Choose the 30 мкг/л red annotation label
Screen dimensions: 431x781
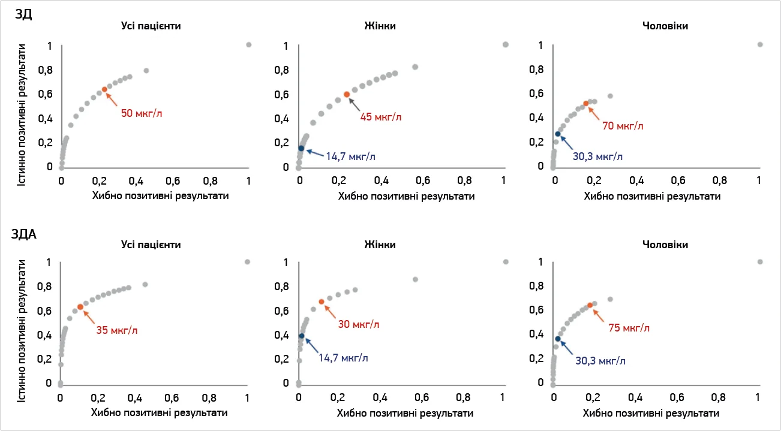point(359,324)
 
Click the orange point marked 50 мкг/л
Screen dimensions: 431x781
point(104,89)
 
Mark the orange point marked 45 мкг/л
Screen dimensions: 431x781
point(347,94)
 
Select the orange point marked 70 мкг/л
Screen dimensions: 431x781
point(586,104)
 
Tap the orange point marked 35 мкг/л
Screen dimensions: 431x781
point(80,307)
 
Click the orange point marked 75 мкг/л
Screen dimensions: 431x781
point(590,305)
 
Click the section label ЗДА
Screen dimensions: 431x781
point(24,234)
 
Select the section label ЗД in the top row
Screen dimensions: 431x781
point(24,16)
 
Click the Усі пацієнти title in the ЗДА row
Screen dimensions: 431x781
point(151,245)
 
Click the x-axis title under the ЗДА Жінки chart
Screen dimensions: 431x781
point(405,413)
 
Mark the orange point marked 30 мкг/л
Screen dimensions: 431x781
point(322,302)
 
